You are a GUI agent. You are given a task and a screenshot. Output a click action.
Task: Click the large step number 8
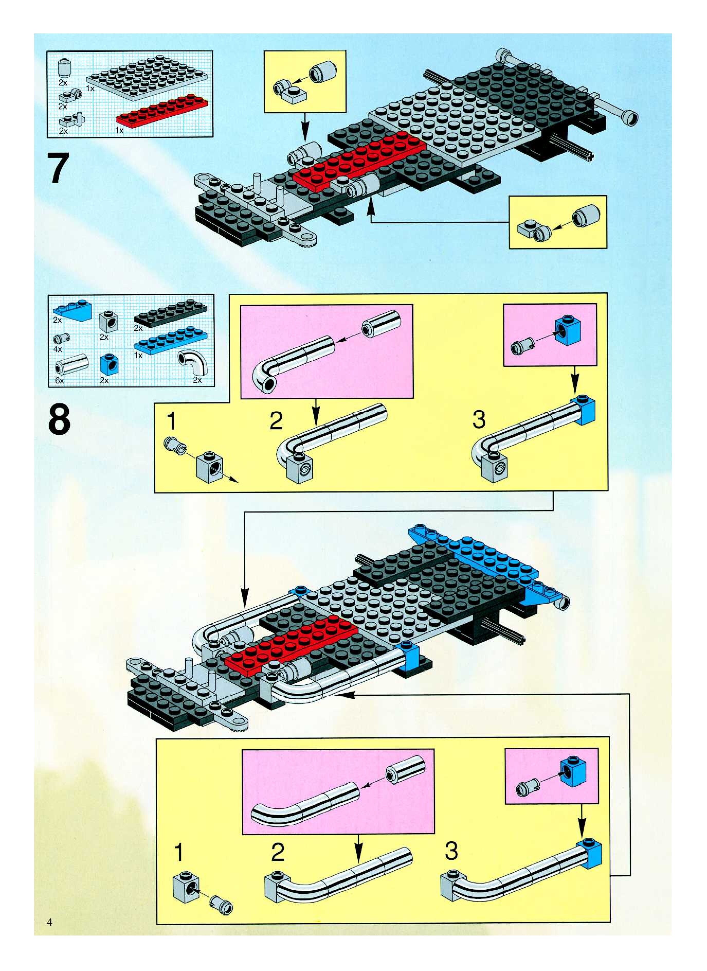59,419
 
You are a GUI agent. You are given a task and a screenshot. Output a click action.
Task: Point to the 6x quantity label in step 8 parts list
59,380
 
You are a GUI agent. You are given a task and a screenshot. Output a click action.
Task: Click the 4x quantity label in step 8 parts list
58,349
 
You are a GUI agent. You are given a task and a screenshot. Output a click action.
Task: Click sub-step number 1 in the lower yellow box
179,852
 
